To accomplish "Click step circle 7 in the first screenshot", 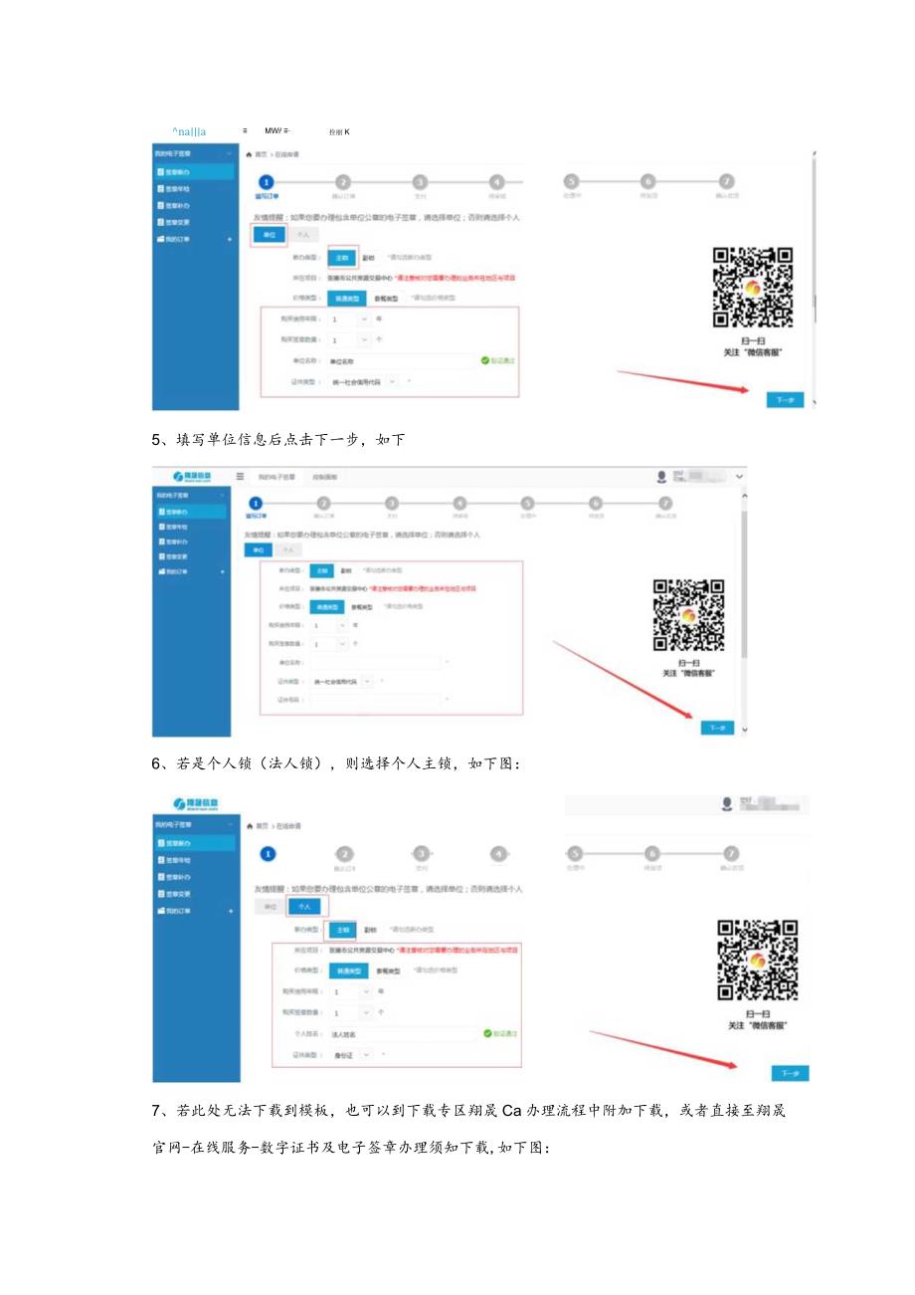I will point(727,181).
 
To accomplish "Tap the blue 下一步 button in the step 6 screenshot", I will point(790,1073).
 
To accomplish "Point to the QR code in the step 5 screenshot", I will point(688,615).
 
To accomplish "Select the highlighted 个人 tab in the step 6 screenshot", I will point(305,907).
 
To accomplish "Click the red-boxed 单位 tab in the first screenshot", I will point(268,235).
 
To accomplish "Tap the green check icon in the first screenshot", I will point(484,360).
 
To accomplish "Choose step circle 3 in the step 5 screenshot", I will point(391,504).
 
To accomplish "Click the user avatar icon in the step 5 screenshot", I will point(661,477).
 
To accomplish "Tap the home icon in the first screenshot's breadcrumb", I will point(249,154).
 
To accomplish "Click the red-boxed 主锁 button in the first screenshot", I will point(341,256).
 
